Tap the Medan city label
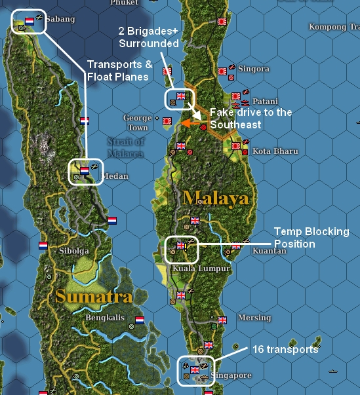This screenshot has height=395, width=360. pos(115,176)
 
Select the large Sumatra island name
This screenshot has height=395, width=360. pos(94,296)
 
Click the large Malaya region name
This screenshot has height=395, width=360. pos(216,198)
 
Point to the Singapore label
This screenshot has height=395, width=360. pos(232,375)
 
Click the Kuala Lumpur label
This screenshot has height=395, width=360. pos(201,269)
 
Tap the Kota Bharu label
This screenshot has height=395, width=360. pos(275,151)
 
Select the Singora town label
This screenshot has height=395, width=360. pos(254,69)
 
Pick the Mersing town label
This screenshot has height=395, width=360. pos(254,318)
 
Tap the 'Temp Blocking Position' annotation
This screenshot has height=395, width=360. pos(311,238)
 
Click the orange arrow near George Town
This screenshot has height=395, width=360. pos(191,122)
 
